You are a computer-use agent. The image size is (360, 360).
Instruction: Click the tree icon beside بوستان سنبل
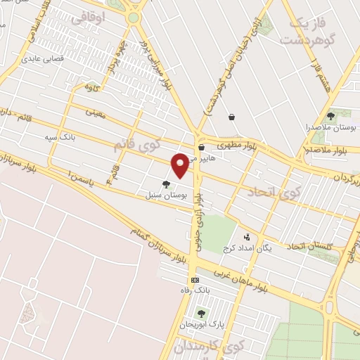[x=166, y=185]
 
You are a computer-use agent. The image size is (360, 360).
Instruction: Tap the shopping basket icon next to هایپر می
[x=202, y=148]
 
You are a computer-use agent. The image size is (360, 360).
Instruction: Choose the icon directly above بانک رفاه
[x=195, y=280]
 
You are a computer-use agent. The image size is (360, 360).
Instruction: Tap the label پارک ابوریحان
[x=198, y=325]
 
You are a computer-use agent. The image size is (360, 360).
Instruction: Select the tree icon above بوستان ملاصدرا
[x=330, y=116]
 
